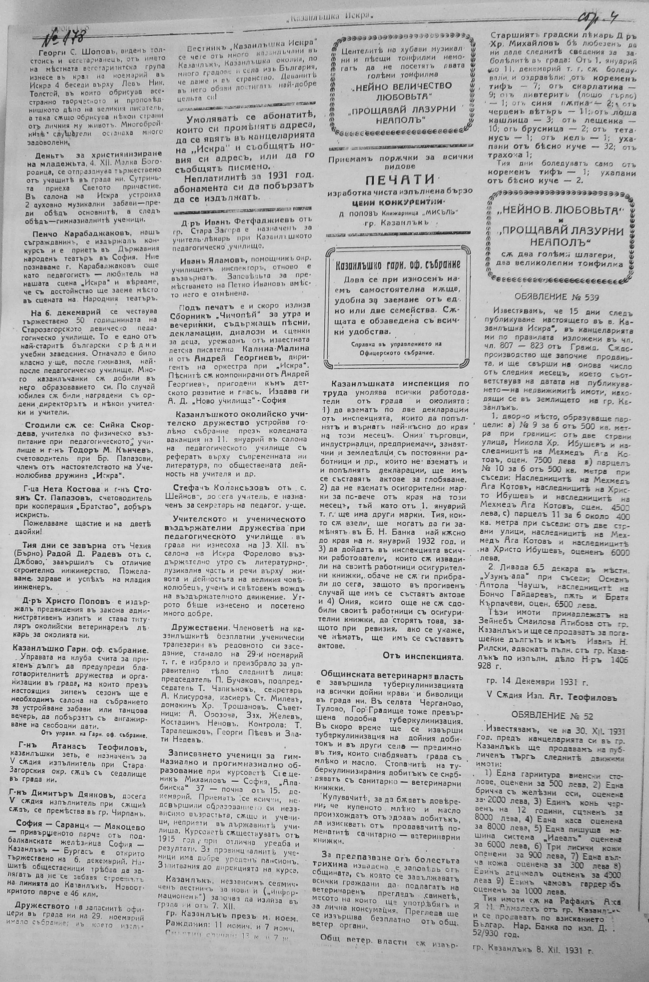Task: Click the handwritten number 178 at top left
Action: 66,38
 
